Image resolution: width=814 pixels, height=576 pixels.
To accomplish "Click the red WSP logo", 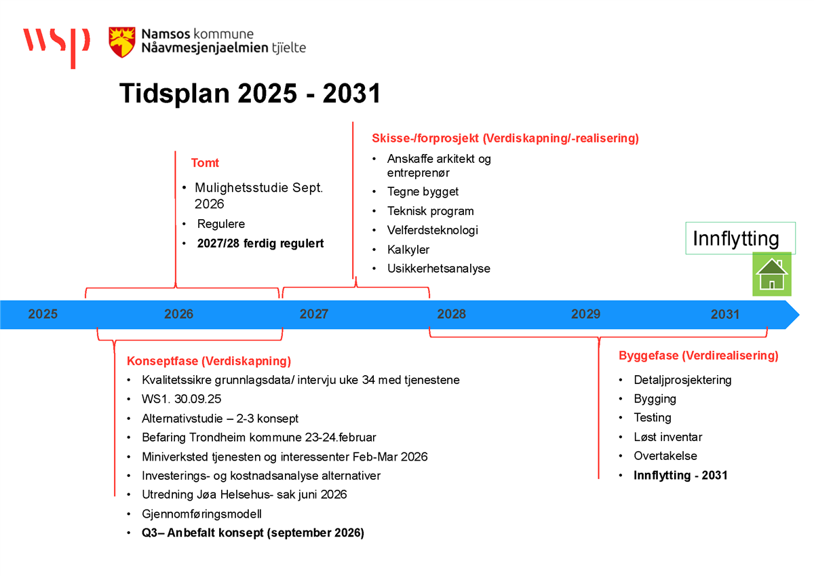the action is point(56,47).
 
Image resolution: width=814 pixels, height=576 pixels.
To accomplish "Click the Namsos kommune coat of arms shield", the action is point(122,42).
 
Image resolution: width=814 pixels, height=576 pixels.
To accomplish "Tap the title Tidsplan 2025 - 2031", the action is point(250,93).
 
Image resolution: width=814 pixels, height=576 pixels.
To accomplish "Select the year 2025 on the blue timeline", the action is point(43,314).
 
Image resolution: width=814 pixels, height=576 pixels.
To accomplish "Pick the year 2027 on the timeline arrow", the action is point(314,314).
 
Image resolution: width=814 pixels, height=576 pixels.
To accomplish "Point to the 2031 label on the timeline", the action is point(725,314).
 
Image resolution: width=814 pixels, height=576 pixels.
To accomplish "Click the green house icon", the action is point(772,274).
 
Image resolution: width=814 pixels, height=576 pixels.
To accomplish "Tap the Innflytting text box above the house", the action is point(740,238).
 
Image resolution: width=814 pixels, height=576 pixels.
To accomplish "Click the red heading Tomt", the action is point(205,163).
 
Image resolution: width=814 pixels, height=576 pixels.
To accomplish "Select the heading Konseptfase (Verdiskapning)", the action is point(209,361).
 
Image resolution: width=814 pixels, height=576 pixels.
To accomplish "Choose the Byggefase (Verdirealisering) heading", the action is point(699,356).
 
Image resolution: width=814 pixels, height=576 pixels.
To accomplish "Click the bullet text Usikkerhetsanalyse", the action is point(439,269).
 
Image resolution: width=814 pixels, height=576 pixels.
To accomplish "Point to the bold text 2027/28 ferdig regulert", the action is point(260,243).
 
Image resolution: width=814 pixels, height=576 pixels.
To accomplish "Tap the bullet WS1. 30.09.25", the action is point(181,399).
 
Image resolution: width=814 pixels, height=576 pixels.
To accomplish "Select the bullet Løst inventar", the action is point(668,437).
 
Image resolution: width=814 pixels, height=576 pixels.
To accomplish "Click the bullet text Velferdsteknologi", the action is point(433,230).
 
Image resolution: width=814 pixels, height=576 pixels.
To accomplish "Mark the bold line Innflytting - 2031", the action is point(680,476).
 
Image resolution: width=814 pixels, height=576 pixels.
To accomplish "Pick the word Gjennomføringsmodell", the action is point(201,514).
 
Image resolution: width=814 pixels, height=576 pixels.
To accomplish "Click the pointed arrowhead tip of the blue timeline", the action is point(799,315).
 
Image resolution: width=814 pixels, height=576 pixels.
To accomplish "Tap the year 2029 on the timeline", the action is point(586,314).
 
